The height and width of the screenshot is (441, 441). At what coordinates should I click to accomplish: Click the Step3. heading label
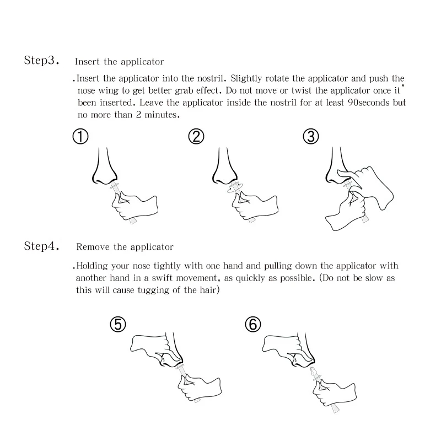click(x=41, y=60)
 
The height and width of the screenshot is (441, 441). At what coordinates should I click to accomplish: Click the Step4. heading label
click(x=41, y=246)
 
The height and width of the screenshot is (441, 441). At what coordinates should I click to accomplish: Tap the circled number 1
click(x=80, y=137)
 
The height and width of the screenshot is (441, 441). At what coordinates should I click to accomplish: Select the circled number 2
click(x=196, y=137)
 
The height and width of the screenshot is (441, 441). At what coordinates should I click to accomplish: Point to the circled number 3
click(x=311, y=137)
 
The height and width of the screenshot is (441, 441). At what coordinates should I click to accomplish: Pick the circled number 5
click(x=118, y=324)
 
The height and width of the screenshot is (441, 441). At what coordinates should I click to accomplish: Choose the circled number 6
click(x=253, y=324)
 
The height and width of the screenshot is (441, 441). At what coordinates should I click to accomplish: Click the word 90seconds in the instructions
click(x=369, y=103)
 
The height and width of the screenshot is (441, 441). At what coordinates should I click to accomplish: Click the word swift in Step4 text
click(x=162, y=278)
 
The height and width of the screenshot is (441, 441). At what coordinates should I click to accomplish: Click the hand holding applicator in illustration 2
click(x=255, y=204)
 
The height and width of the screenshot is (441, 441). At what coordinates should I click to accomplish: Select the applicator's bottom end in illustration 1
click(x=133, y=222)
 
